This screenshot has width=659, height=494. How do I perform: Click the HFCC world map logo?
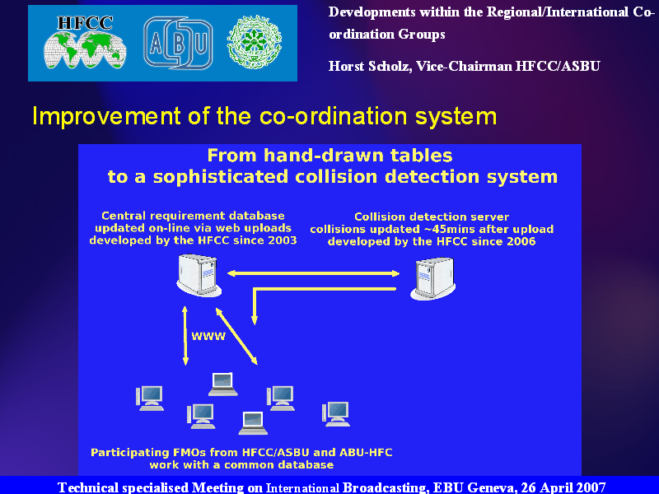point(85,43)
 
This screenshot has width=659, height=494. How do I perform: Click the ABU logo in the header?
point(178,43)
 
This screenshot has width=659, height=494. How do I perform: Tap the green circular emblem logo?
point(255,43)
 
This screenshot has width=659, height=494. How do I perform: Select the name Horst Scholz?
point(369,67)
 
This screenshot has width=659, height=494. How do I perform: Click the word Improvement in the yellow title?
point(106,116)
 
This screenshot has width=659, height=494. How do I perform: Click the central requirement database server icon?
point(199,276)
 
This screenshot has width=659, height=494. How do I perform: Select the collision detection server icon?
point(433,278)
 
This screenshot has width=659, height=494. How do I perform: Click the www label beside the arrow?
point(208,336)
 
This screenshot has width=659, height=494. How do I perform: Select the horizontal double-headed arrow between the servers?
point(313,273)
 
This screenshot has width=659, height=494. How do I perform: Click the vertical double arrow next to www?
point(185,336)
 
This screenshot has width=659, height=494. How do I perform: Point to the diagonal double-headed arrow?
point(236,336)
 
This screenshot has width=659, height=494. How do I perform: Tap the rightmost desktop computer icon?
point(336,414)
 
